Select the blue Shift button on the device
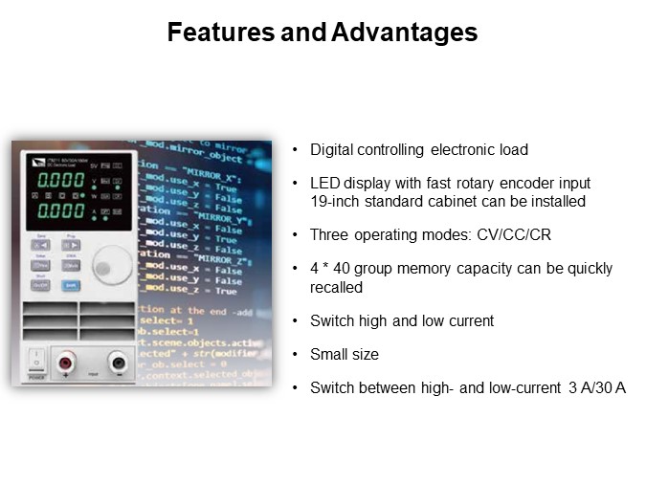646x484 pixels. (x=71, y=284)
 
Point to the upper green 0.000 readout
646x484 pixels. (x=59, y=181)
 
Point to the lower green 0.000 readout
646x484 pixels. (x=59, y=209)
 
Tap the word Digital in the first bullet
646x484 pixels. (x=330, y=149)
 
